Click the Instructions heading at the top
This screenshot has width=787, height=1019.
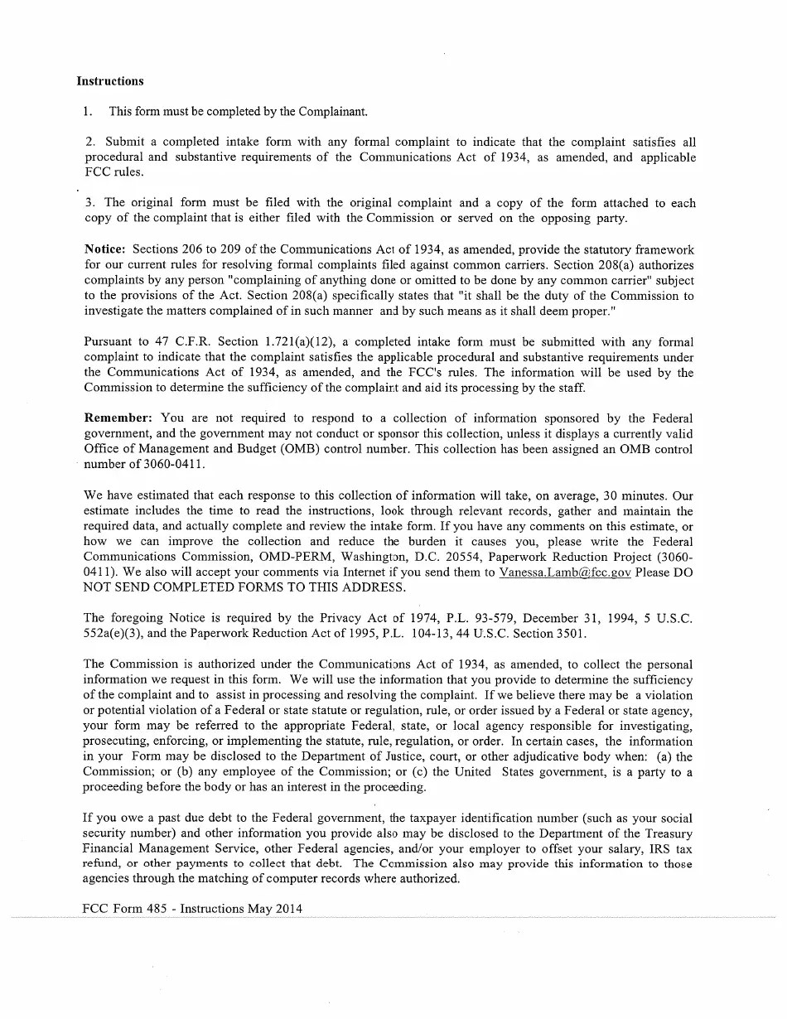(109, 81)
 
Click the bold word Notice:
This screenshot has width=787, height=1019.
(104, 249)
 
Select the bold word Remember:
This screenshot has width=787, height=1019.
(118, 418)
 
